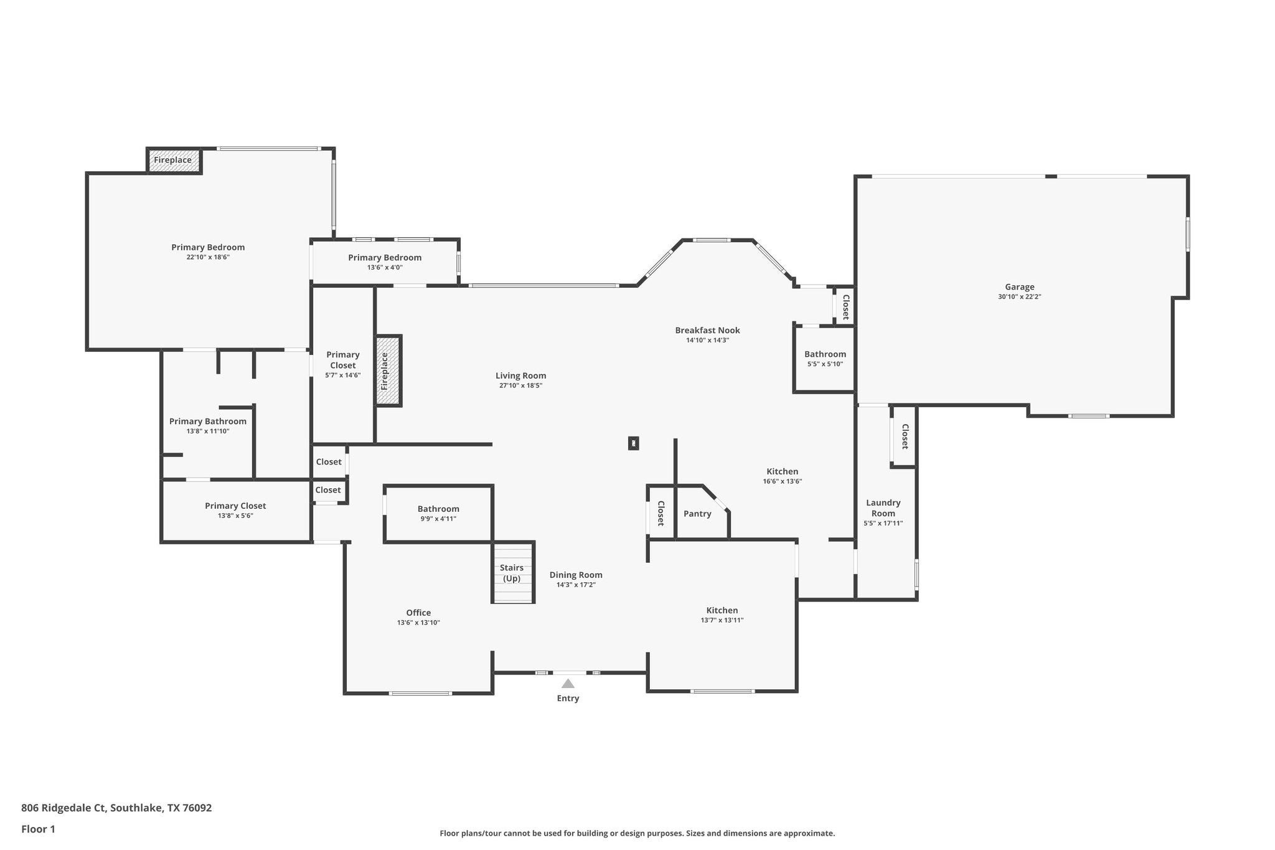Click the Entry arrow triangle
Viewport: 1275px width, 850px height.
tap(568, 684)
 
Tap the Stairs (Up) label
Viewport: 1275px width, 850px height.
tap(512, 573)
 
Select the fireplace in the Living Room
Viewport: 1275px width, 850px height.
tap(388, 371)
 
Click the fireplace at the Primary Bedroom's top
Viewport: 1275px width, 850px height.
tap(174, 160)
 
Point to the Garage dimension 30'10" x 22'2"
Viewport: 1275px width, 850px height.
tap(1019, 297)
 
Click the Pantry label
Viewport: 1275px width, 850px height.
tap(697, 514)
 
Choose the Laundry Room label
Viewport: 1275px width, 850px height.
tap(883, 508)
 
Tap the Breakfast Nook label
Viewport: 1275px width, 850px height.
tap(707, 330)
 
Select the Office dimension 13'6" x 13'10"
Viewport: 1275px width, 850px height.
tap(418, 623)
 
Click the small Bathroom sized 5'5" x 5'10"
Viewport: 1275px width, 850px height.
tap(825, 359)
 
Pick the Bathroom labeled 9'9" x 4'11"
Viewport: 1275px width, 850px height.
tap(438, 513)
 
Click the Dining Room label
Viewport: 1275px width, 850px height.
tap(576, 575)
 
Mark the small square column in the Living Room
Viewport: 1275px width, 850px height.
tap(633, 443)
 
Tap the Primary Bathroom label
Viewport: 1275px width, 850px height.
tap(208, 422)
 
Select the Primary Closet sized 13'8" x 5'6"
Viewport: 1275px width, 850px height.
tap(235, 510)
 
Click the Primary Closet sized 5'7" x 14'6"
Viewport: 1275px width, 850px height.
tap(343, 364)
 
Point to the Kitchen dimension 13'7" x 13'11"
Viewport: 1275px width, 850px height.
tap(722, 620)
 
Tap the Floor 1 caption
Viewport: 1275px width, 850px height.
tap(39, 829)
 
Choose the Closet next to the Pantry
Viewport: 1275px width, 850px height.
tap(661, 513)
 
